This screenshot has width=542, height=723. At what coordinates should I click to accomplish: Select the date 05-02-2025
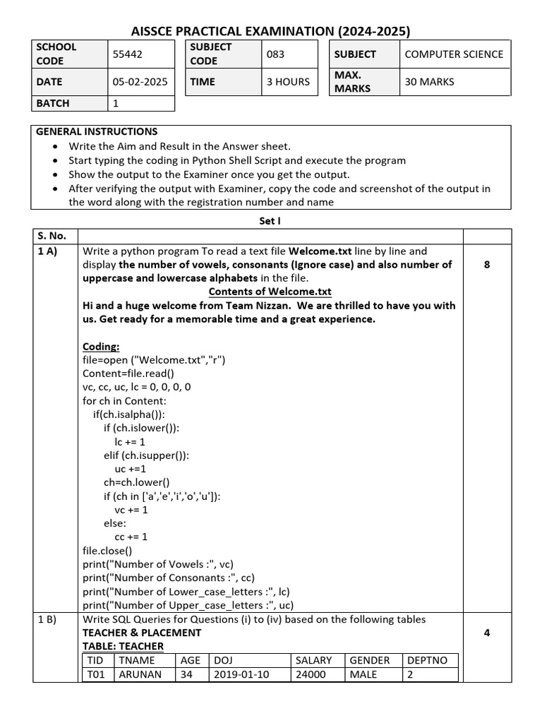coord(140,82)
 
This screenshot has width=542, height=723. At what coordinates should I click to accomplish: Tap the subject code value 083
coord(275,54)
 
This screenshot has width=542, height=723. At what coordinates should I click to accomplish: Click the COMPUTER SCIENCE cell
coord(454,54)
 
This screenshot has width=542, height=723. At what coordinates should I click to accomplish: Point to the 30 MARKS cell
coord(429,82)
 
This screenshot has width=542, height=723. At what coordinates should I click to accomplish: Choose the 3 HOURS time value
coord(288,82)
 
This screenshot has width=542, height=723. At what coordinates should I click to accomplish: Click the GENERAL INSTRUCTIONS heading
coord(97,132)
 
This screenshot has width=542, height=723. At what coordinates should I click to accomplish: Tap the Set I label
coord(270,220)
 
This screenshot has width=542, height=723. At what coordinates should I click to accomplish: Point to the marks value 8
coord(487,265)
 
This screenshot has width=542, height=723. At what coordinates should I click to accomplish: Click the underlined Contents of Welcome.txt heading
coord(270,292)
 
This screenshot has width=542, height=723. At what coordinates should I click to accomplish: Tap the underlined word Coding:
coord(102,346)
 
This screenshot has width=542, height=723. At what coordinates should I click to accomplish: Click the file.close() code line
coord(107,551)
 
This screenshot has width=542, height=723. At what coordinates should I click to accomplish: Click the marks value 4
coord(487,633)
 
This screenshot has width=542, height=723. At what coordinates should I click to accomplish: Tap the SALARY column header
coord(313,660)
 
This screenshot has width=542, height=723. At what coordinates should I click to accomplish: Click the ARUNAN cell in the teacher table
coord(140,674)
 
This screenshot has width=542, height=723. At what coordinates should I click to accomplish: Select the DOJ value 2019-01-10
coord(242,674)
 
